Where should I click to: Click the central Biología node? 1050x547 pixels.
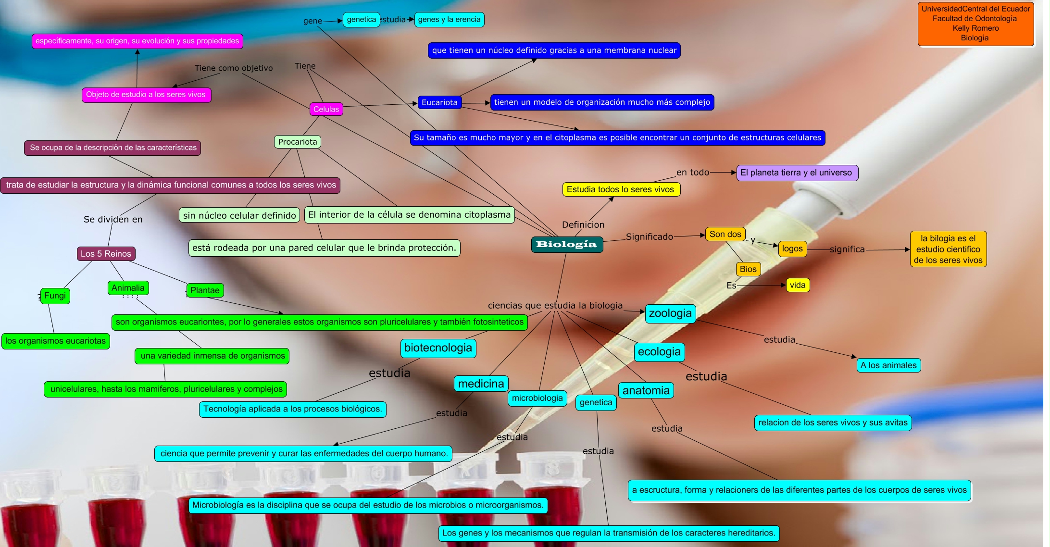click(x=567, y=244)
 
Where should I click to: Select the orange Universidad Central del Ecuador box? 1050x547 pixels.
click(x=975, y=24)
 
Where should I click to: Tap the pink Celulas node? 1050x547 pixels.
click(x=326, y=109)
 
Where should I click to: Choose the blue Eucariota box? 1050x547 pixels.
click(x=439, y=102)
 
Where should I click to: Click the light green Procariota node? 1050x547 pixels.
click(x=298, y=142)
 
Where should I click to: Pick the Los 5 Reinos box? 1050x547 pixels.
click(x=106, y=254)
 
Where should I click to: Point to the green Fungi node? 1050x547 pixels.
click(x=55, y=296)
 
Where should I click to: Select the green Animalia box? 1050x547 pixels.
click(x=128, y=288)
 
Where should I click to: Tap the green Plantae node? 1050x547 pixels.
click(x=205, y=290)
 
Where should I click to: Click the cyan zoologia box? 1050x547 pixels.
click(x=670, y=313)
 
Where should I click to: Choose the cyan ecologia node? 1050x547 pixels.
click(x=659, y=352)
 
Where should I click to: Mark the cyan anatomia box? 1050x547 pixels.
click(x=646, y=390)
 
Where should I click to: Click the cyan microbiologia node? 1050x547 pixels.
click(x=537, y=398)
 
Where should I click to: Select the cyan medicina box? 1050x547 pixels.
click(x=481, y=384)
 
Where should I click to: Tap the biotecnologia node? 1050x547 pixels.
click(x=438, y=348)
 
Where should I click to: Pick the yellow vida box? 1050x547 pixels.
click(x=798, y=285)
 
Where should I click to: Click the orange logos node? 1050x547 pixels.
click(x=792, y=249)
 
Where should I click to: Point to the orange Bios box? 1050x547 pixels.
click(x=748, y=269)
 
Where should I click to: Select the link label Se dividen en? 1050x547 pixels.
click(x=113, y=219)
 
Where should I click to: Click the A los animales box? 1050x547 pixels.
click(x=888, y=365)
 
